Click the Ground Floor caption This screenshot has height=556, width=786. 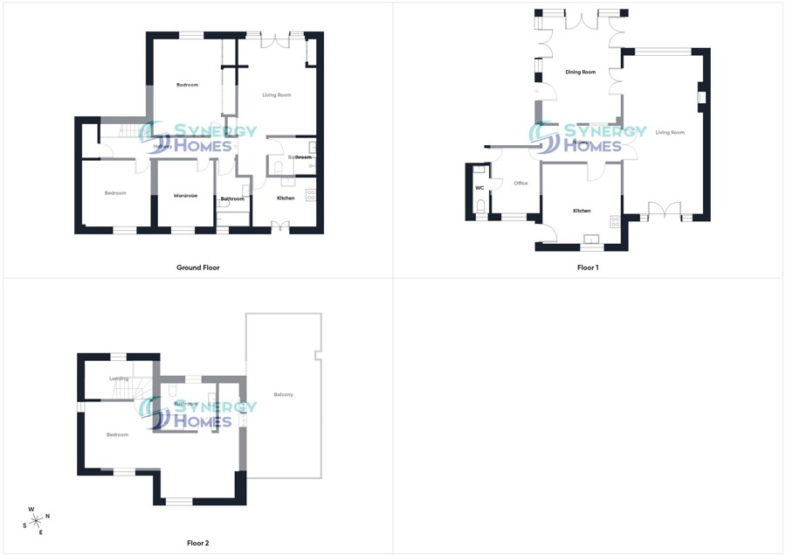198,268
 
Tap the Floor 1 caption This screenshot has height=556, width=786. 588,268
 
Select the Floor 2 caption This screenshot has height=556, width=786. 198,543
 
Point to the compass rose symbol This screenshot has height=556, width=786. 35,519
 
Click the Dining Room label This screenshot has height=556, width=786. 581,72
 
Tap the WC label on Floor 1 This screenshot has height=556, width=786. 479,188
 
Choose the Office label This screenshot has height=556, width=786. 521,184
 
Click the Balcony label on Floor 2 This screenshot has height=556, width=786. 283,395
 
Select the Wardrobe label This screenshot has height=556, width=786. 185,196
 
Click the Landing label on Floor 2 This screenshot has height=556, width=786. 119,379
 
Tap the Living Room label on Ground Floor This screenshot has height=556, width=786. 277,94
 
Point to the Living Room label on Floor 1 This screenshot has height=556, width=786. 670,133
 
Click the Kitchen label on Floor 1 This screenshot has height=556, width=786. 582,211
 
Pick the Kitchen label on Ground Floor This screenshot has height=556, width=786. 286,198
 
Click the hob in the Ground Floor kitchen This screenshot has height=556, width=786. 310,195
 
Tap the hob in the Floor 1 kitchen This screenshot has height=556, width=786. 615,222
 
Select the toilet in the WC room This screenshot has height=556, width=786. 480,207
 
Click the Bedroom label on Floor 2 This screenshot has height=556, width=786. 117,434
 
